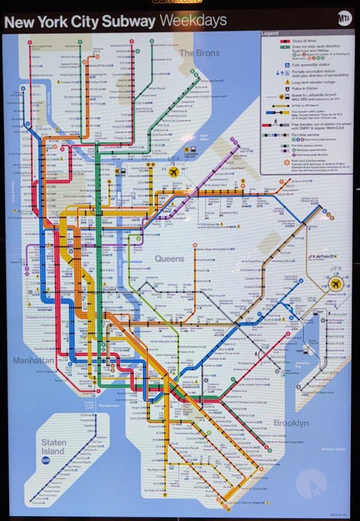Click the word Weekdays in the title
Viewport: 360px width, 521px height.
193,21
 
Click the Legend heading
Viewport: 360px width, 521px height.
269,34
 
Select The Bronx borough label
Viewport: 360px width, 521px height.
194,53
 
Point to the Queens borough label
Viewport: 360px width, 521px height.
170,259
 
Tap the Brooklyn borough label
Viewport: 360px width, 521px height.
291,423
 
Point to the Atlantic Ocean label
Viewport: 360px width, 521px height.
333,449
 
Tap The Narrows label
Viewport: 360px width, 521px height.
108,406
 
